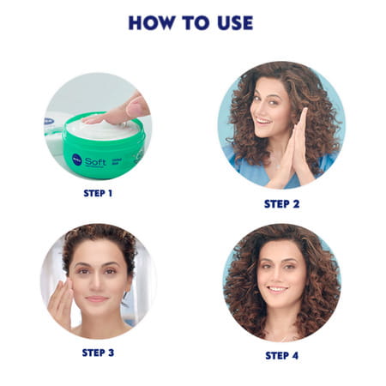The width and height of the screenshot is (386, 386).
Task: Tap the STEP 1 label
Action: tap(98, 193)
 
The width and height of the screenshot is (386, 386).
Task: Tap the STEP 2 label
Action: tap(280, 203)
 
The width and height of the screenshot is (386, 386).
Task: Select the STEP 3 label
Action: tap(98, 352)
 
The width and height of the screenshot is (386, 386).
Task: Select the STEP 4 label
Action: tap(282, 355)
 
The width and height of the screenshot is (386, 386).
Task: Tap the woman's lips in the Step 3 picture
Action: tap(95, 298)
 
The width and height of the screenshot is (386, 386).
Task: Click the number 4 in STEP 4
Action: tap(295, 355)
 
